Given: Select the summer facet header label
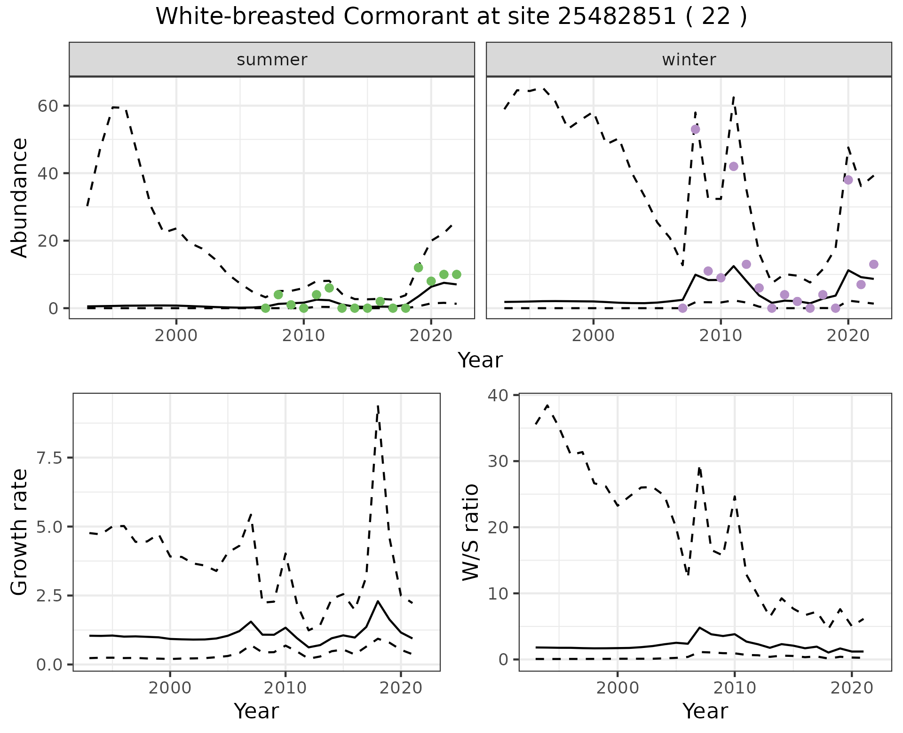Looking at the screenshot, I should [272, 60].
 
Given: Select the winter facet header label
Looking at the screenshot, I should [689, 60].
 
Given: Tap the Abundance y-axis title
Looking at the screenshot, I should [20, 198].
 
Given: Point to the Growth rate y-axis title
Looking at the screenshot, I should [20, 532].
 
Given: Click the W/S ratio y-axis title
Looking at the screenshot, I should [471, 532].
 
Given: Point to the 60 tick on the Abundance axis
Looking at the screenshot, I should [47, 106].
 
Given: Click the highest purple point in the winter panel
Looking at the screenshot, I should [695, 129].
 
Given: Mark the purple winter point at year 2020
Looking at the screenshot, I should [848, 180].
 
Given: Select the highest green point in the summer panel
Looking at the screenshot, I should [418, 268].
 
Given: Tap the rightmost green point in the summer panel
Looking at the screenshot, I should [456, 274].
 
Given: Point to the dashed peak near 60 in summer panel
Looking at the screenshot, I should [115, 107].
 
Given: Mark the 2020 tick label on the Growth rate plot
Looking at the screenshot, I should [400, 688].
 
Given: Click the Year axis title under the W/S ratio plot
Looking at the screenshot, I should [705, 711].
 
